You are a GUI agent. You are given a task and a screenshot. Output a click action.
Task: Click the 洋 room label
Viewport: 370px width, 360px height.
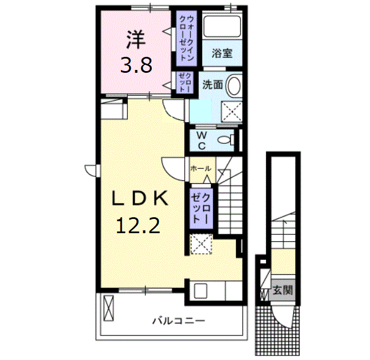[x=136, y=40]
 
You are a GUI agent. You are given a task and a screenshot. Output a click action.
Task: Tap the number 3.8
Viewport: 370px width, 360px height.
[x=136, y=65]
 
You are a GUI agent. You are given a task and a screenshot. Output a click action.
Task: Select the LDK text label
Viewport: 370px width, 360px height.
[x=140, y=198]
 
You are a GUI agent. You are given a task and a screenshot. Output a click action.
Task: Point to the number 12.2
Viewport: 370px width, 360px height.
[x=138, y=226]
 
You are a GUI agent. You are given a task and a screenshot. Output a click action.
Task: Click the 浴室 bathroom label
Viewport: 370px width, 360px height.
[x=222, y=53]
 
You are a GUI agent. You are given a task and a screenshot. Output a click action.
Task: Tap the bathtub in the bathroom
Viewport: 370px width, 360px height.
[x=222, y=26]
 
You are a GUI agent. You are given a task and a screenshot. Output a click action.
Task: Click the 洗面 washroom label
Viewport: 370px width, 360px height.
[x=213, y=85]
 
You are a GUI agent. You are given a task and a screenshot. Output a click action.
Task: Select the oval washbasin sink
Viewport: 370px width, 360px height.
[x=234, y=85]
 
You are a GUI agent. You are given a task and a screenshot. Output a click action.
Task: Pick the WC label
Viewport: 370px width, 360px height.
[x=202, y=141]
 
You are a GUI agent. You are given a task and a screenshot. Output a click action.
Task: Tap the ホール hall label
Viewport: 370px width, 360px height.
[x=201, y=168]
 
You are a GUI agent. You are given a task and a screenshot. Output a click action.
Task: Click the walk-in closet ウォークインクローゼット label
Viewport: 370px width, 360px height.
[x=187, y=38]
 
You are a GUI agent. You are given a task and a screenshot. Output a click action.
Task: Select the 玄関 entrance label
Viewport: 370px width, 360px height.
[x=282, y=290]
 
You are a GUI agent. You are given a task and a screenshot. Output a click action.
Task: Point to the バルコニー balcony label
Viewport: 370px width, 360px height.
[x=179, y=321]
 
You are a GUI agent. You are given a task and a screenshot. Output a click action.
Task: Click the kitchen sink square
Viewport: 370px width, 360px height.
[x=201, y=291]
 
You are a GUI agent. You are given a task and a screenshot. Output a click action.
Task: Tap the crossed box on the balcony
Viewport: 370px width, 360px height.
[x=109, y=308]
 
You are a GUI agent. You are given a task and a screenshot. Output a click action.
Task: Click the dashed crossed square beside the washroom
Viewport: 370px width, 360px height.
[x=231, y=112]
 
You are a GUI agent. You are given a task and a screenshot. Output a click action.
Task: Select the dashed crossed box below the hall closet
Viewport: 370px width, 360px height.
[x=201, y=244]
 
